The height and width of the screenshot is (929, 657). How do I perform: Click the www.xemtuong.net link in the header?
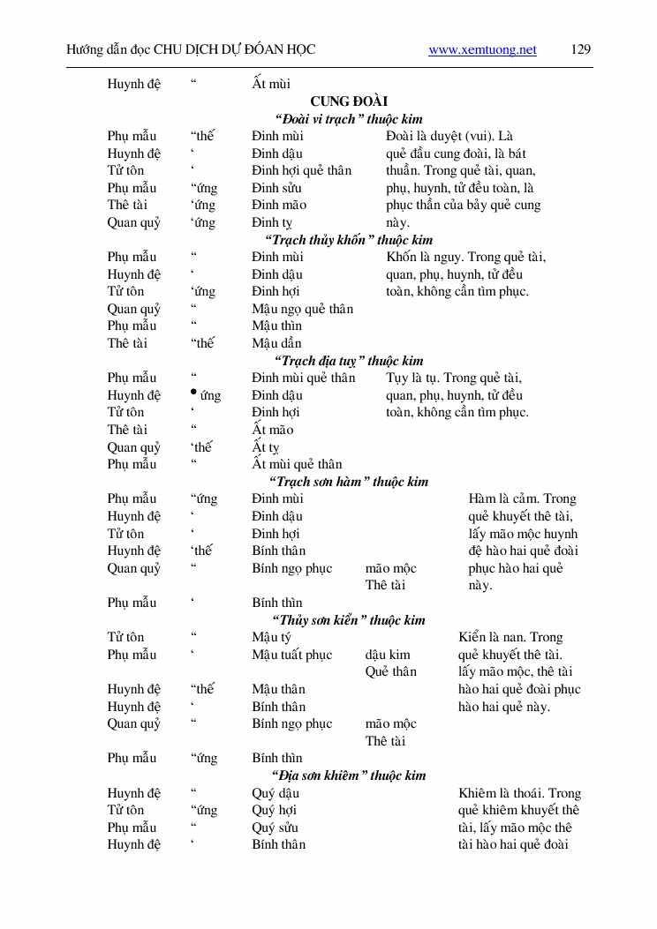[x=482, y=50]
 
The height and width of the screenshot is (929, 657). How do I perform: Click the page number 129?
[x=581, y=49]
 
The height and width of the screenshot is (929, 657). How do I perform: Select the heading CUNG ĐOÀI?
[x=348, y=101]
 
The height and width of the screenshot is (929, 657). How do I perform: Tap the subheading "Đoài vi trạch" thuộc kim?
[x=348, y=119]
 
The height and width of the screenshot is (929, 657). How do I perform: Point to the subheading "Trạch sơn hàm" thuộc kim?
[x=351, y=482]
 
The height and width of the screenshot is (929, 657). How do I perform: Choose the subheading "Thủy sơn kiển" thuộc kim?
[x=348, y=620]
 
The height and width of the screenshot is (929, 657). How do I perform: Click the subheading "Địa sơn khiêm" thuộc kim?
[x=351, y=775]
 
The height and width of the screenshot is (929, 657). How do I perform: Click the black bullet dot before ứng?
[x=193, y=393]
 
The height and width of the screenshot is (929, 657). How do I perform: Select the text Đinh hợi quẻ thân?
[x=301, y=170]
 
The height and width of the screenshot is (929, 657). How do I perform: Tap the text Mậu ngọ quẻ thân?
[x=302, y=309]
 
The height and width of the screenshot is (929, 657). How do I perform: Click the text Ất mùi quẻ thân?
[x=297, y=464]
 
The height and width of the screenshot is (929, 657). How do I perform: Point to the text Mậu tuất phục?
[x=291, y=655]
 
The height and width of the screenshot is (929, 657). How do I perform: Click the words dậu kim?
[x=388, y=655]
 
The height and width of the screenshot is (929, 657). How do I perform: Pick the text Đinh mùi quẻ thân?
[x=303, y=378]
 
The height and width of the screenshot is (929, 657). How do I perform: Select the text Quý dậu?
[x=275, y=793]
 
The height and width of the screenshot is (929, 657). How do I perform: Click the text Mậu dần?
[x=276, y=343]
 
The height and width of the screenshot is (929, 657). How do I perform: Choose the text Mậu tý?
[x=271, y=637]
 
